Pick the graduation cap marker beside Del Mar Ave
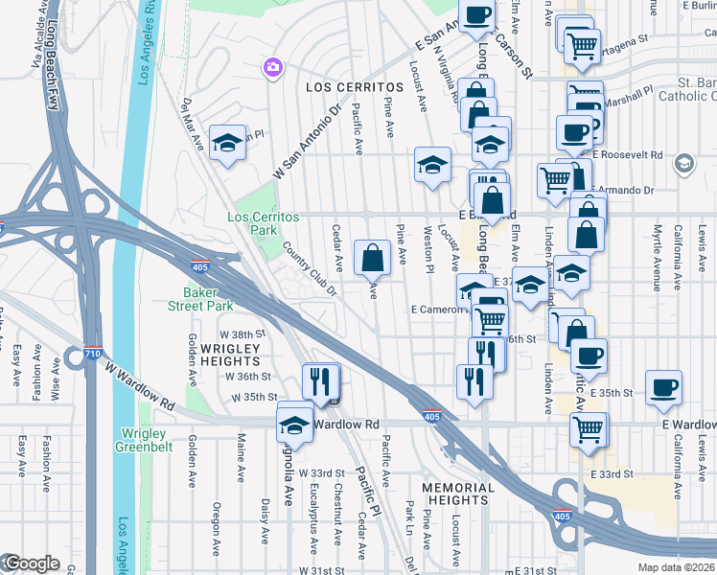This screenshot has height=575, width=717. pyautogui.click(x=227, y=145)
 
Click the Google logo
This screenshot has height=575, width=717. pyautogui.click(x=31, y=563)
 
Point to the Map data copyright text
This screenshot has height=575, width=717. pyautogui.click(x=676, y=567)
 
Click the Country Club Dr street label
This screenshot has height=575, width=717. pyautogui.click(x=311, y=268)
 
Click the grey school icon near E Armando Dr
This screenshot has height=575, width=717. pyautogui.click(x=682, y=163)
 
